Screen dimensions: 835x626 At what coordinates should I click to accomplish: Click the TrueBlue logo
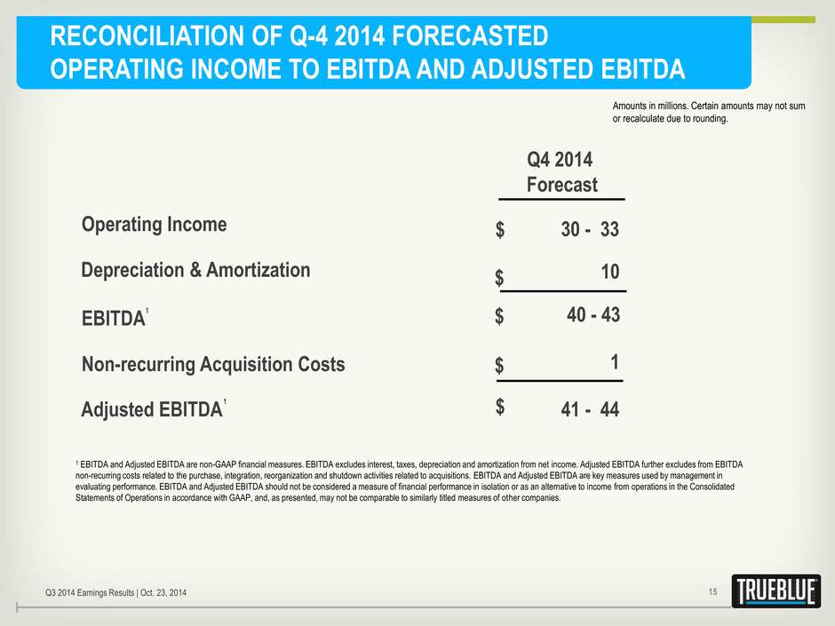(775, 590)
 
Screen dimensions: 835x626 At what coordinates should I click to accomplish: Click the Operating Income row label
(154, 225)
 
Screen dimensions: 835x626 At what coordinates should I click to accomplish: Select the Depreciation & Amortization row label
(195, 270)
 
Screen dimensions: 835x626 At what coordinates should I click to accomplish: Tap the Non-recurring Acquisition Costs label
(213, 365)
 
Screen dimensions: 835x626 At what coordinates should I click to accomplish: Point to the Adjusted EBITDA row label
(152, 410)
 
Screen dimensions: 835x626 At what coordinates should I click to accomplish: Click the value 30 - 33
(590, 229)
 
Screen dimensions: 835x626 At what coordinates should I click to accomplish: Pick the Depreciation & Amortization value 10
(610, 272)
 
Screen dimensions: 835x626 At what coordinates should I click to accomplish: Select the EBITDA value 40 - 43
(593, 314)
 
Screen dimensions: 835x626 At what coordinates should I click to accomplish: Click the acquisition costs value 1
(615, 362)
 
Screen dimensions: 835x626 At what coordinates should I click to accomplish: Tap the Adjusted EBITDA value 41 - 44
(590, 409)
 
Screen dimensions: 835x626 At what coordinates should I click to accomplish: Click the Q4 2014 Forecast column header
(561, 172)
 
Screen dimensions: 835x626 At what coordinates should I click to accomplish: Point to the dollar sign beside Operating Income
(499, 229)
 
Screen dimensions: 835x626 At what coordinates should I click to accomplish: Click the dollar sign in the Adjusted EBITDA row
(499, 406)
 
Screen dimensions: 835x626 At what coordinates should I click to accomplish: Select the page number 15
(712, 592)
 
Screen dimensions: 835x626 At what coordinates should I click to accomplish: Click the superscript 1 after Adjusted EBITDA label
(225, 402)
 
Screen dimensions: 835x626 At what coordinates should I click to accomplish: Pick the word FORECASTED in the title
(470, 36)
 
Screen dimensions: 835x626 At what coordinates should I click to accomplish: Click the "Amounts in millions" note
(709, 112)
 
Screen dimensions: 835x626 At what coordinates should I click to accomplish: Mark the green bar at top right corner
(783, 20)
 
